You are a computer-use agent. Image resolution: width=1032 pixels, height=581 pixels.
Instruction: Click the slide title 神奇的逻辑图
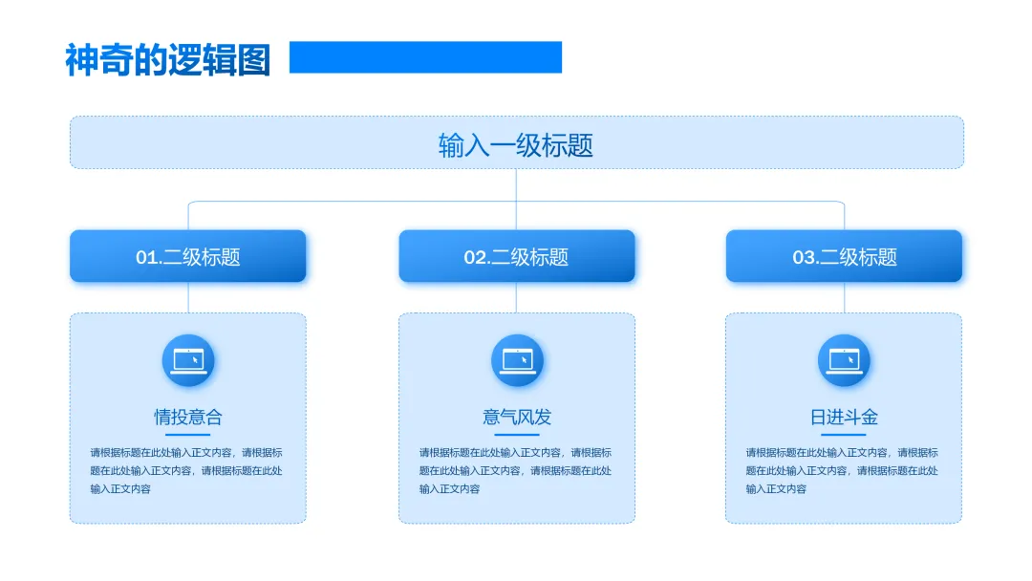pyautogui.click(x=168, y=59)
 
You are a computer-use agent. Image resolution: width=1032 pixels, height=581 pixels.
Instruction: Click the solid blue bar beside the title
pyautogui.click(x=425, y=57)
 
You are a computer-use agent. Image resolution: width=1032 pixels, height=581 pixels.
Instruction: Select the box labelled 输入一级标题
pyautogui.click(x=516, y=143)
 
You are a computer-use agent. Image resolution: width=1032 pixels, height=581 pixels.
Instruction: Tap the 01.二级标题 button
pyautogui.click(x=188, y=256)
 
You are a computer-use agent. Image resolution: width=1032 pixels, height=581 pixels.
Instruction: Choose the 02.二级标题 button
pyautogui.click(x=516, y=256)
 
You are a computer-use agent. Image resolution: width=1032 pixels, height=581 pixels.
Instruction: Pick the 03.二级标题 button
pyautogui.click(x=844, y=256)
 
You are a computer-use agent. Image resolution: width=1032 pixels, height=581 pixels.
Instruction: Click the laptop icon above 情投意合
pyautogui.click(x=188, y=360)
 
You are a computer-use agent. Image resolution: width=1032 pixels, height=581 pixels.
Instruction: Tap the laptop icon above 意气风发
pyautogui.click(x=517, y=360)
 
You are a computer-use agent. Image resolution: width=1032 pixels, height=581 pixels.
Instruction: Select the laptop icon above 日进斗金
pyautogui.click(x=844, y=360)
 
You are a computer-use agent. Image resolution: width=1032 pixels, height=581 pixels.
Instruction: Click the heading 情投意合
pyautogui.click(x=188, y=417)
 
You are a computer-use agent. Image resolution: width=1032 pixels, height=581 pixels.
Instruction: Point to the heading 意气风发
pyautogui.click(x=517, y=417)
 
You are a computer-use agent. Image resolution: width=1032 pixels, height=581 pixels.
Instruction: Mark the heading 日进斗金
pyautogui.click(x=844, y=417)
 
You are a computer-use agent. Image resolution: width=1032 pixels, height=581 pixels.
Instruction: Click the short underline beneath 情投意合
pyautogui.click(x=188, y=435)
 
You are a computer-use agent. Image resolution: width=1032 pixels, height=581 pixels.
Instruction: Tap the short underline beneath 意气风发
pyautogui.click(x=517, y=435)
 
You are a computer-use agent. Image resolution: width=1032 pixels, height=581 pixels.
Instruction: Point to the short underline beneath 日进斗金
pyautogui.click(x=844, y=435)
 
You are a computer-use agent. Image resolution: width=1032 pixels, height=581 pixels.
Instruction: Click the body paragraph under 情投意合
pyautogui.click(x=186, y=470)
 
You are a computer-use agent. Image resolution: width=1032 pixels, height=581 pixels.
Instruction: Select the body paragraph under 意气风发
pyautogui.click(x=515, y=470)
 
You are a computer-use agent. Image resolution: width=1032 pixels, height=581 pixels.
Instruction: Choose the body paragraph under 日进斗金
pyautogui.click(x=842, y=470)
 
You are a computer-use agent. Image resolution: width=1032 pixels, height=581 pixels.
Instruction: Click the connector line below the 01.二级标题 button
pyautogui.click(x=188, y=297)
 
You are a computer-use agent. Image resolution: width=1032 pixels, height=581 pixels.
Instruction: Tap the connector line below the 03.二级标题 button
pyautogui.click(x=844, y=297)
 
